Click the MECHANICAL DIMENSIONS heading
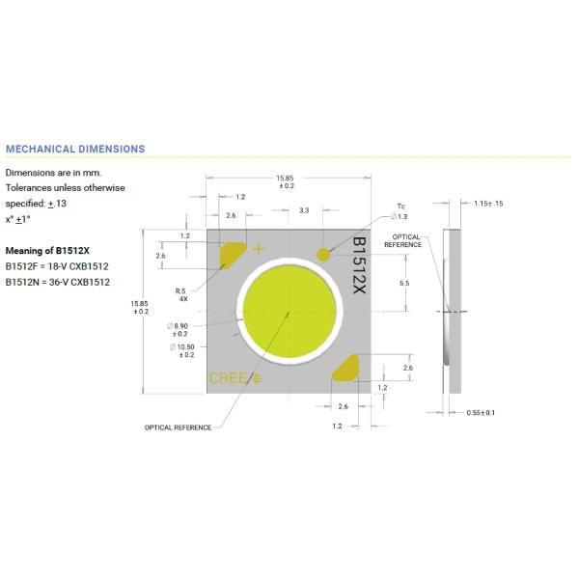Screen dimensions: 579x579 pyautogui.click(x=75, y=149)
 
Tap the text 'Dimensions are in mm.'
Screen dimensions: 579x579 pyautogui.click(x=53, y=172)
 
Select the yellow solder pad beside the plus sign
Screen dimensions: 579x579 pyautogui.click(x=234, y=255)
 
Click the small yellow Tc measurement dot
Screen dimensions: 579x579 pyautogui.click(x=322, y=253)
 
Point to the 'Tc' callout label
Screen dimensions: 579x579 pyautogui.click(x=400, y=207)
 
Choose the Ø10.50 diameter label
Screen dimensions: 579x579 pyautogui.click(x=183, y=350)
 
